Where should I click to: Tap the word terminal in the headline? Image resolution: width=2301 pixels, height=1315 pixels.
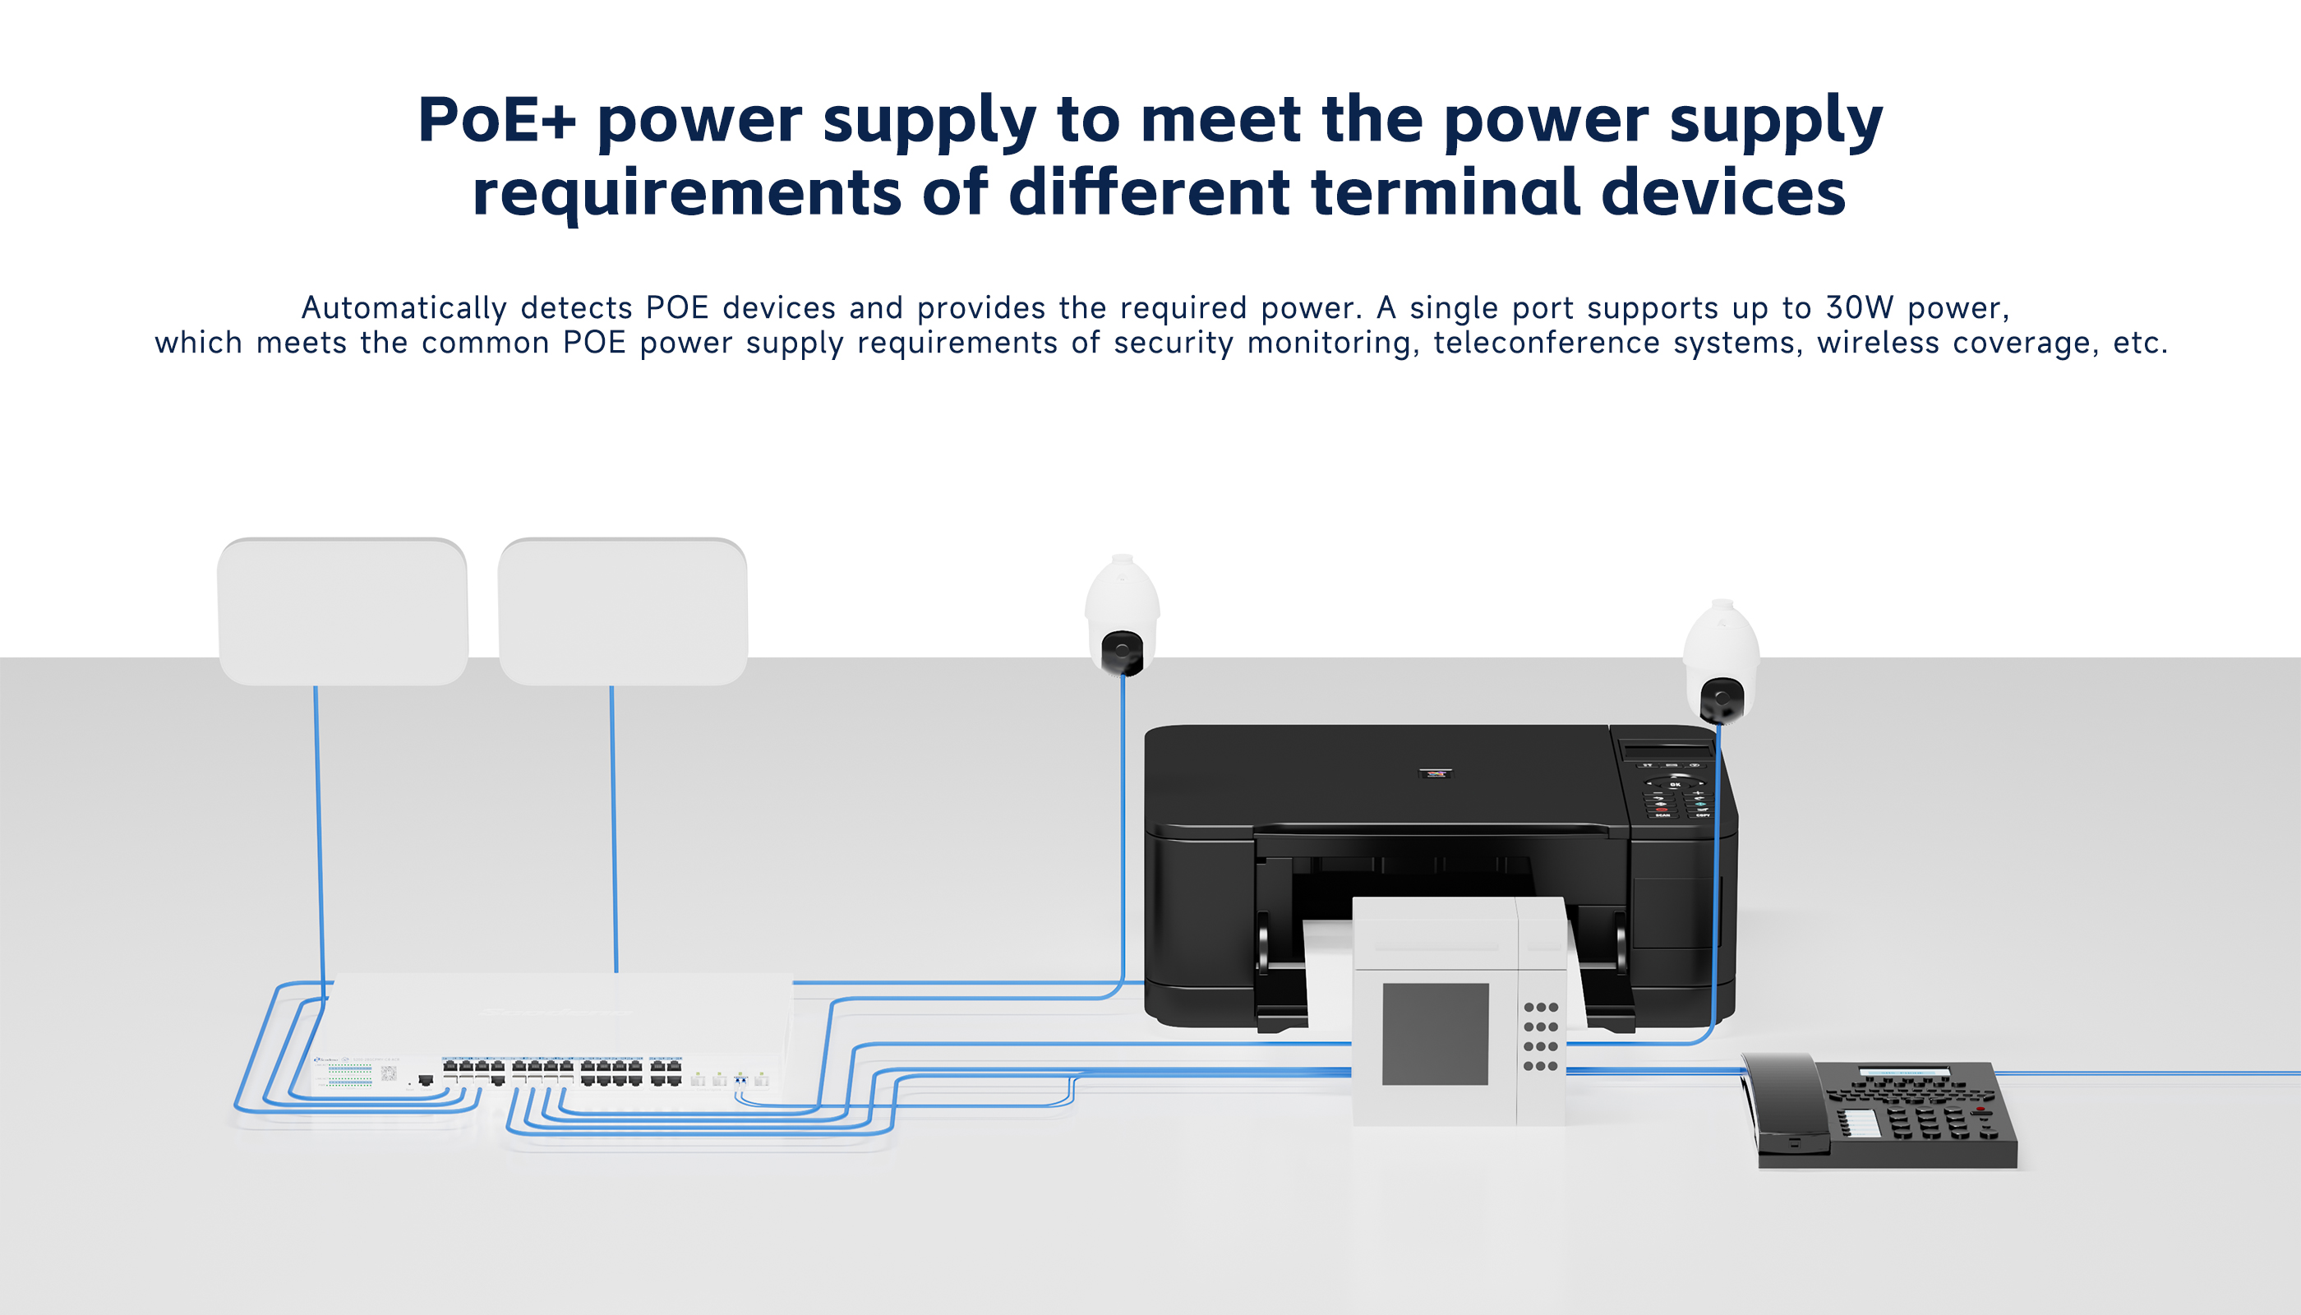pyautogui.click(x=1445, y=192)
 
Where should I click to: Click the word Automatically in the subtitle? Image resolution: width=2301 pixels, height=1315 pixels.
pyautogui.click(x=403, y=309)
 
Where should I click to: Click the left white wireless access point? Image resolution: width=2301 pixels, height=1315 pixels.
pyautogui.click(x=344, y=611)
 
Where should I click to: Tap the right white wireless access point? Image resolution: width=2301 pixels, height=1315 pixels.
pyautogui.click(x=622, y=611)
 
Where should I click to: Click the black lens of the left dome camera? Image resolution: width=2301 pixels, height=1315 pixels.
pyautogui.click(x=1121, y=650)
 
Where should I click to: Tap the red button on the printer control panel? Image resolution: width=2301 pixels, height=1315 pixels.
pyautogui.click(x=1661, y=810)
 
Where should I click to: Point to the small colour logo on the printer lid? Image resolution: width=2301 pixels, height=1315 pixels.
pyautogui.click(x=1435, y=773)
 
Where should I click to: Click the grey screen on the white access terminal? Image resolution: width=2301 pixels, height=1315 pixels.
pyautogui.click(x=1435, y=1034)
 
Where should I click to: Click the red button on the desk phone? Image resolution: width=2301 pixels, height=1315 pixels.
pyautogui.click(x=1981, y=1108)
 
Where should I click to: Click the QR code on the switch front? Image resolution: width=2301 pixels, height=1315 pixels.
pyautogui.click(x=389, y=1073)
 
